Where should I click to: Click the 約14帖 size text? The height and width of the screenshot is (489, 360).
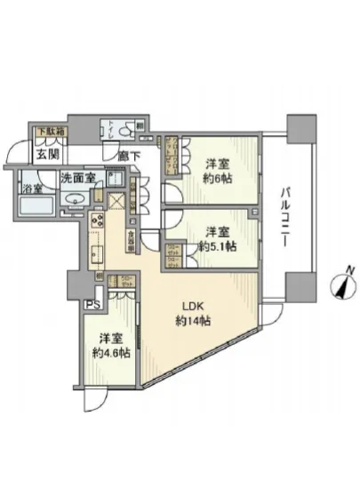tap(192, 319)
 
